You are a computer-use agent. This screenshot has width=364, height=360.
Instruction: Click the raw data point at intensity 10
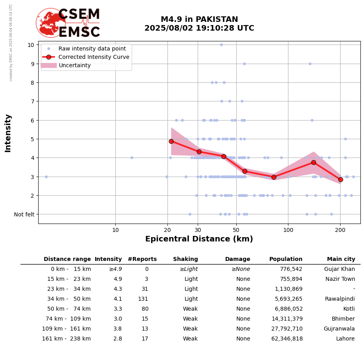coord(221,45)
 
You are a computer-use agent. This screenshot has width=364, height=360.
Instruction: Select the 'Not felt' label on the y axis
coord(24,214)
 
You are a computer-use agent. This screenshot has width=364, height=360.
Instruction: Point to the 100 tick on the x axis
coord(288,230)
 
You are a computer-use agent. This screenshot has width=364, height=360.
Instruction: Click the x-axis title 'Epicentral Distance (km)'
coord(199,239)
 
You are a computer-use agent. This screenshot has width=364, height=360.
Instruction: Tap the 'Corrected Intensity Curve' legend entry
coord(94,57)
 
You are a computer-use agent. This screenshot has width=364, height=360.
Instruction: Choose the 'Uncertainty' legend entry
coord(75,65)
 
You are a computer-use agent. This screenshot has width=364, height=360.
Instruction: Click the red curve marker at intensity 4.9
coord(171,141)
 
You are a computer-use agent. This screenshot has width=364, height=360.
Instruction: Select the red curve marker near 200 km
coord(341,179)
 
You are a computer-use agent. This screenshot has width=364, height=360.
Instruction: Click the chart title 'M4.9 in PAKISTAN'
coord(199,19)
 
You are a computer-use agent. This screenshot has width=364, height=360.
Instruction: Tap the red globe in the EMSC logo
coord(51,23)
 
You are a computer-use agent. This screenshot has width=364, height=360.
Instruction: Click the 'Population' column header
coord(286,259)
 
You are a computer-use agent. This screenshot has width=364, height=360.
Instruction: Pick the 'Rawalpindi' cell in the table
coord(340,299)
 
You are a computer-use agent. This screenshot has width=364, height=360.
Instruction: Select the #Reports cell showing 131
coord(143,299)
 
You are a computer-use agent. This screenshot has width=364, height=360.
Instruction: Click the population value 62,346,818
coord(285,339)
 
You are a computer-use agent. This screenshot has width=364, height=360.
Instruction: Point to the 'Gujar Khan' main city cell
coord(339,269)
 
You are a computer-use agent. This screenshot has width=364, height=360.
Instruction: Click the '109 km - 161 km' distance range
coord(66,329)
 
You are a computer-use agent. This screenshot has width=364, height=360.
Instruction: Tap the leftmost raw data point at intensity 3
coord(46,177)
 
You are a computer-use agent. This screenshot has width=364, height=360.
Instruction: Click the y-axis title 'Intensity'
coord(8,133)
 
